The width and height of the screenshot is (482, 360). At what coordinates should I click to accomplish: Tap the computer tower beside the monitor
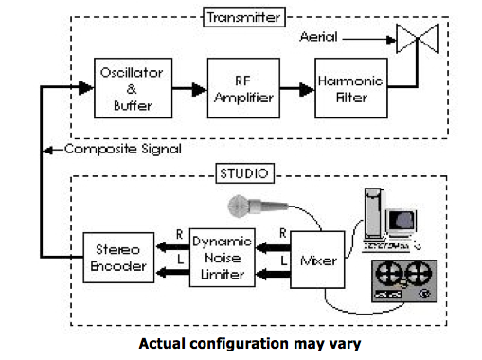[x=374, y=210]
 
